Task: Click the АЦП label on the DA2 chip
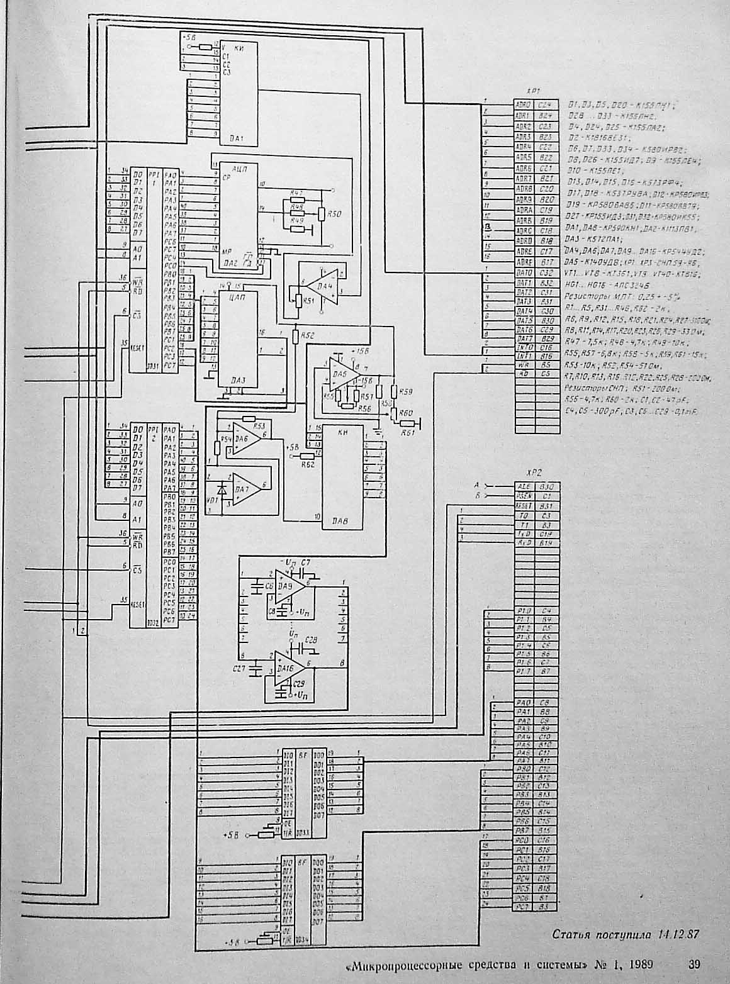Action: click(239, 170)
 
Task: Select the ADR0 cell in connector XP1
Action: click(524, 105)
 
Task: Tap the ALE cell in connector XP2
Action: click(524, 486)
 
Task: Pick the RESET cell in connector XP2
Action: click(524, 506)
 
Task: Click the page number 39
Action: click(695, 963)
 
